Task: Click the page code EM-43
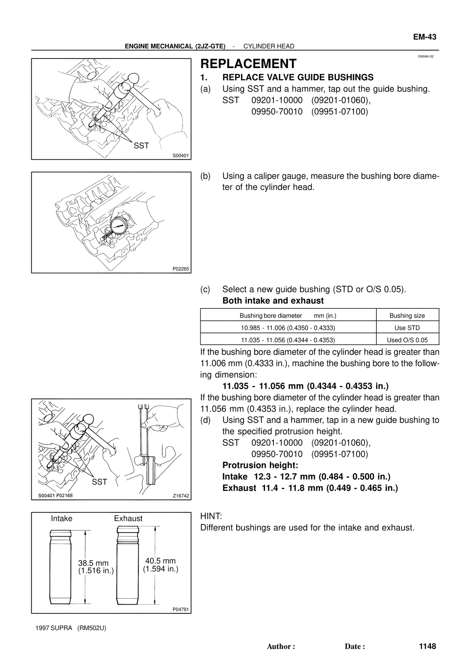424,37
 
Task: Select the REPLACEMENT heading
248,64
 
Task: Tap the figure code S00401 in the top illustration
181,156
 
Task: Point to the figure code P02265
181,269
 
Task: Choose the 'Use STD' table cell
407,328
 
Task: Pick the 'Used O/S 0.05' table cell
407,340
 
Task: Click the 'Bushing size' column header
407,316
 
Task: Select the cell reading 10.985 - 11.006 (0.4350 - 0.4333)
288,328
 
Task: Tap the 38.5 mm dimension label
93,563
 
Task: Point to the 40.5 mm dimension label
160,561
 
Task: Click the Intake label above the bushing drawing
61,519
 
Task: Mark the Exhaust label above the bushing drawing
128,519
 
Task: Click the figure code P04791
181,609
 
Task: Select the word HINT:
211,516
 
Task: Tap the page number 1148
427,646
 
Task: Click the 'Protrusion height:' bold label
260,465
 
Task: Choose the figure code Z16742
181,496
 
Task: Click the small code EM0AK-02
426,57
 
